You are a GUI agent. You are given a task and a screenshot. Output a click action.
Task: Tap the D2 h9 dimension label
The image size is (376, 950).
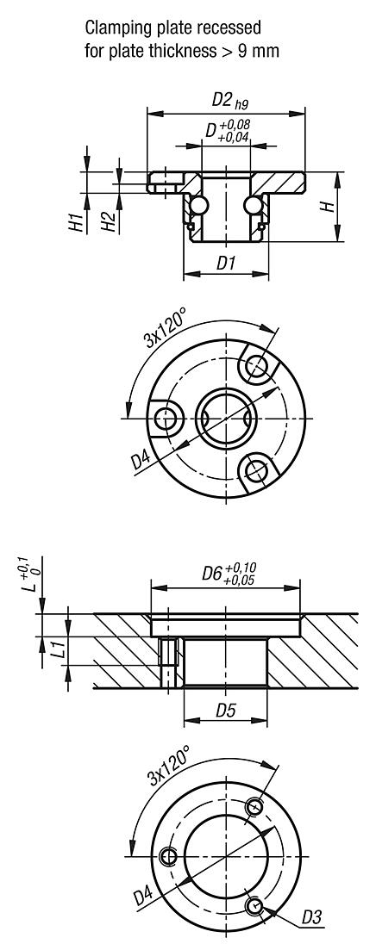(226, 101)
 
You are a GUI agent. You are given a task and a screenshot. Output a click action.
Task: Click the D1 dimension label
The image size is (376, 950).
(226, 264)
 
